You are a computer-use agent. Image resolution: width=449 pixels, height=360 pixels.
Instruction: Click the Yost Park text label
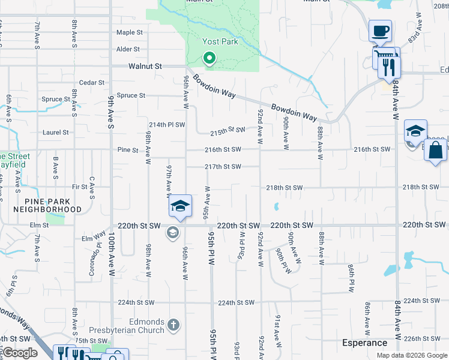click(x=220, y=42)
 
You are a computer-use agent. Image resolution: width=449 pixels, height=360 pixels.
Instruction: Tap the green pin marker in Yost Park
click(x=209, y=59)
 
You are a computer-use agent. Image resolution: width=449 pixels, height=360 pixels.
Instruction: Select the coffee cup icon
click(x=379, y=30)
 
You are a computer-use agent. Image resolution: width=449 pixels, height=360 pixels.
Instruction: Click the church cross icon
click(x=173, y=325)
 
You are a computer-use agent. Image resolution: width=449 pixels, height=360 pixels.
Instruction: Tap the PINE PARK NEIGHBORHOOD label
click(x=53, y=205)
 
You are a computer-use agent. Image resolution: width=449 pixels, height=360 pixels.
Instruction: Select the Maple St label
click(x=130, y=32)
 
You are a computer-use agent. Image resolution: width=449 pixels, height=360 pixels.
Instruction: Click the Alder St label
click(x=128, y=49)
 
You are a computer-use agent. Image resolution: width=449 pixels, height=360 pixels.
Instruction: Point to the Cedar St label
click(x=92, y=83)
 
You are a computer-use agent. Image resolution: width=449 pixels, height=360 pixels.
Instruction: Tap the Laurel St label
click(x=56, y=132)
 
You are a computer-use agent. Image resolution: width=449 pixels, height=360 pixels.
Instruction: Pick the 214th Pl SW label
click(x=167, y=125)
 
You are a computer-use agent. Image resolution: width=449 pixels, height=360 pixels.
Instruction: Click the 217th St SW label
click(x=223, y=166)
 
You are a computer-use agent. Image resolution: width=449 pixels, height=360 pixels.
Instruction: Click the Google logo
click(x=20, y=353)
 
